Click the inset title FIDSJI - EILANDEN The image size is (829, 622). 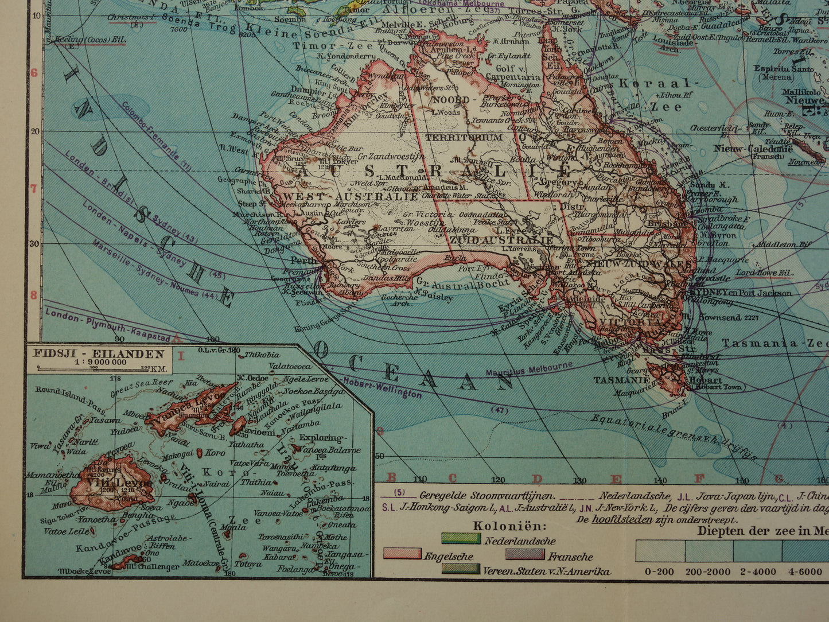[98, 354]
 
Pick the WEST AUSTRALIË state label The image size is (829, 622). [350, 196]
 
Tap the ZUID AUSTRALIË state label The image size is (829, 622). [502, 240]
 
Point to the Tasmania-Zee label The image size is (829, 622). [775, 343]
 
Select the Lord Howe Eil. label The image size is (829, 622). [763, 273]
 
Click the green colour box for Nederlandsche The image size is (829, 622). [461, 538]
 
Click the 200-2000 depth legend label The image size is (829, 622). [709, 572]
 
